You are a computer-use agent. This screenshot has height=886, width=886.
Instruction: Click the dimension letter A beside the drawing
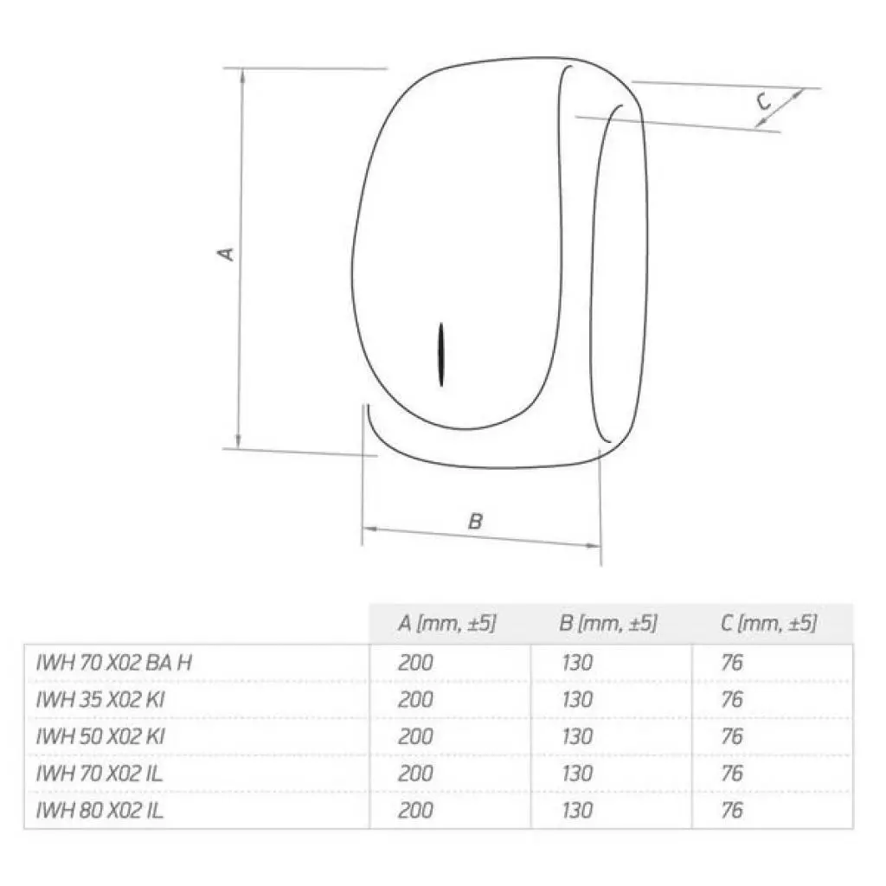tap(227, 254)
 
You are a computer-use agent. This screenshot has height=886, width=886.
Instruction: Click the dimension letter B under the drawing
tap(476, 521)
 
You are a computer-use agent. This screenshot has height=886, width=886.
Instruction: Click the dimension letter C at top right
tap(764, 102)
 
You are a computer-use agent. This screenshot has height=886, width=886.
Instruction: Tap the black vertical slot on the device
tap(441, 355)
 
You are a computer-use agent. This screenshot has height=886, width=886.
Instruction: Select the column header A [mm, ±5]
tap(446, 623)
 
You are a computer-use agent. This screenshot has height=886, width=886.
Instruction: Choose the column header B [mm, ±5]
tap(608, 623)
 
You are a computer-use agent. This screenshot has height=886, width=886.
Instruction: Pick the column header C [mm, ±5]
tap(768, 623)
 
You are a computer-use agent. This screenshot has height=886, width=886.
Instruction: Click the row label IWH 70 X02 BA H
tap(113, 663)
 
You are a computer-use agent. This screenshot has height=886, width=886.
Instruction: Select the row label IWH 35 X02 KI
tap(100, 700)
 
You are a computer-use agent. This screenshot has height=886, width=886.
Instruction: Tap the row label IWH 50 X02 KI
tap(100, 737)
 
